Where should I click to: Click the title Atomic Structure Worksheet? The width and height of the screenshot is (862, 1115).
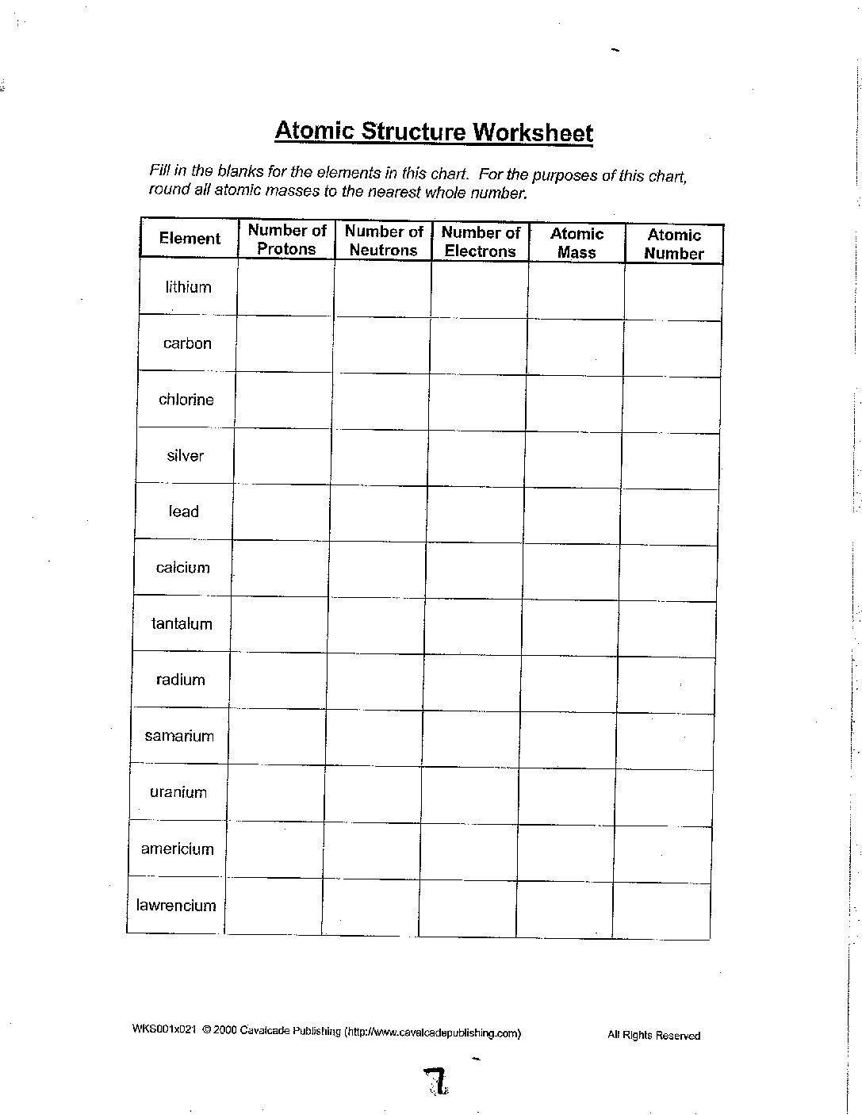click(x=434, y=131)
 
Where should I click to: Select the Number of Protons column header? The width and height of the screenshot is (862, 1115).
click(x=286, y=239)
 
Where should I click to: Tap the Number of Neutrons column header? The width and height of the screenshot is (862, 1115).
click(x=384, y=240)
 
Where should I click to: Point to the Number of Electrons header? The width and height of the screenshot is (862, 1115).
click(x=481, y=242)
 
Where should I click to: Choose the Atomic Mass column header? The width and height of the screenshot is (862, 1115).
click(x=577, y=243)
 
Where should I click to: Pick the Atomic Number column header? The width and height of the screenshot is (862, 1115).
click(x=674, y=244)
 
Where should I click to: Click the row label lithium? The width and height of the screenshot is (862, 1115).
click(x=189, y=287)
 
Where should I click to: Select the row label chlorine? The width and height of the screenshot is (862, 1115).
click(x=186, y=400)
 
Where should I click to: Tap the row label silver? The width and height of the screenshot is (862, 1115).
click(x=186, y=456)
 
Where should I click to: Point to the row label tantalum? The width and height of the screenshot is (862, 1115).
click(x=182, y=624)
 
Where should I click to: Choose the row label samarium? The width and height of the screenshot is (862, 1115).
click(x=179, y=736)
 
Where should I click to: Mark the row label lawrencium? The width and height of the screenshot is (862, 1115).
click(x=176, y=906)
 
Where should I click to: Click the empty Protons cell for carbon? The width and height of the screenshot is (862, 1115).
click(x=284, y=344)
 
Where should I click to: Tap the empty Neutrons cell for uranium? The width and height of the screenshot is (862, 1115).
click(x=373, y=794)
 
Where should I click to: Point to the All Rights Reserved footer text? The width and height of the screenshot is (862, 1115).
click(x=654, y=1035)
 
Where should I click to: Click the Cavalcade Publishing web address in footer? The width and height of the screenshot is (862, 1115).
click(x=433, y=1033)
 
